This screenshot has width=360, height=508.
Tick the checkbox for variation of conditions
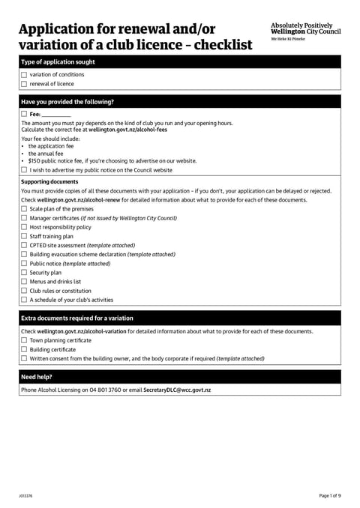tap(24, 75)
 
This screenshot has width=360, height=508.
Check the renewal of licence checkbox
tap(24, 84)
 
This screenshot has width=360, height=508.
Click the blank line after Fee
tap(56, 115)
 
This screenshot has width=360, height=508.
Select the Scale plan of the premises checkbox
tap(24, 209)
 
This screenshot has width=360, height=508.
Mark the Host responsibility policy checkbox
tap(24, 227)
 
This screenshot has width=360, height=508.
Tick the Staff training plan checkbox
tap(24, 236)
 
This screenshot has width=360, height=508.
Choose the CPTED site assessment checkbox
tap(24, 245)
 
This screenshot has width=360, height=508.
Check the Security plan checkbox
tap(24, 273)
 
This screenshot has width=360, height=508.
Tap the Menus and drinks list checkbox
tap(24, 282)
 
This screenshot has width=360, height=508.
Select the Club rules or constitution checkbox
tap(24, 291)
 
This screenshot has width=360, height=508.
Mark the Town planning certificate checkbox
tap(24, 340)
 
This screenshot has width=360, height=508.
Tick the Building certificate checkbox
tap(24, 349)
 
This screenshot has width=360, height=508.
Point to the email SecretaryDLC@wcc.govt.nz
tap(177, 390)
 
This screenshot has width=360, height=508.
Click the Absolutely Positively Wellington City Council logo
tap(305, 31)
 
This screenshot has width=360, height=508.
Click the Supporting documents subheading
tap(49, 181)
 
